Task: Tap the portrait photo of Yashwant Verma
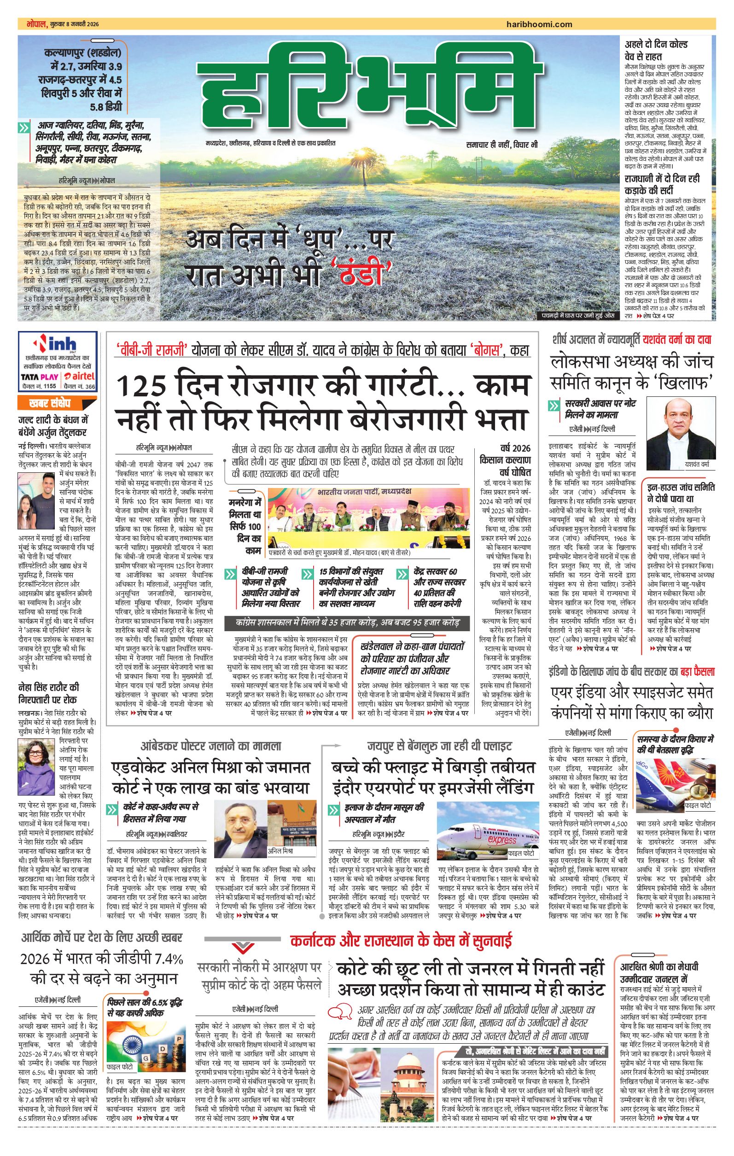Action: (677, 427)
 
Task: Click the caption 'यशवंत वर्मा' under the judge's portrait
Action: (697, 464)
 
